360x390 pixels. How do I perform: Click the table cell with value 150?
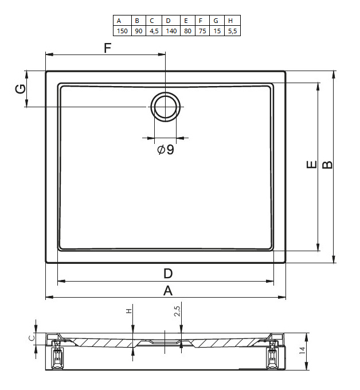(x=122, y=31)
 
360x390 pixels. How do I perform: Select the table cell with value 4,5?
(x=154, y=31)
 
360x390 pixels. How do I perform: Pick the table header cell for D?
(x=171, y=21)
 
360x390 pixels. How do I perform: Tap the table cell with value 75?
(x=202, y=31)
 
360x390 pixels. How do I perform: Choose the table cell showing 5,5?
(x=233, y=31)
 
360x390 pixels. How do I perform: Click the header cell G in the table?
(x=217, y=21)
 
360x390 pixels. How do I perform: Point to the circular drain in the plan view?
(x=165, y=107)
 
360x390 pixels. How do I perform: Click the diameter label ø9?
(x=166, y=150)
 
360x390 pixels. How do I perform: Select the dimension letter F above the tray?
(x=107, y=48)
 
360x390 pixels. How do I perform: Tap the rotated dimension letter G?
(x=21, y=89)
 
